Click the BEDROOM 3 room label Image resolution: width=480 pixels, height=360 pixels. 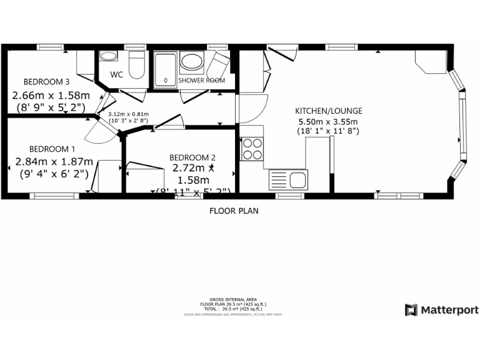pyautogui.click(x=46, y=82)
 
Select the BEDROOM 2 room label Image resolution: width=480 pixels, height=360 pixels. pyautogui.click(x=192, y=157)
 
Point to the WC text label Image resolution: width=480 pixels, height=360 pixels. pyautogui.click(x=116, y=75)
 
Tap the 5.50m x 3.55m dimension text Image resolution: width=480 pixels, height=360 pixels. pyautogui.click(x=328, y=121)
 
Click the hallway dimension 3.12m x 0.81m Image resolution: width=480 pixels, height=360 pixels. pyautogui.click(x=128, y=115)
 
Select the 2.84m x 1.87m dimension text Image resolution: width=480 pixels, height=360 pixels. pyautogui.click(x=54, y=161)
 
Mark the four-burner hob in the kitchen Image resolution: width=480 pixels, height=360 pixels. pyautogui.click(x=252, y=149)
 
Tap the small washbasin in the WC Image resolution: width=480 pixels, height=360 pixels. pyautogui.click(x=108, y=57)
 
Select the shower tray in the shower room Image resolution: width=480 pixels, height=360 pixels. pyautogui.click(x=166, y=69)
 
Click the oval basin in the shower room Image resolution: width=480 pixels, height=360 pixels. pyautogui.click(x=191, y=62)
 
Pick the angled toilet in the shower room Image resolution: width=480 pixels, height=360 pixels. pyautogui.click(x=218, y=62)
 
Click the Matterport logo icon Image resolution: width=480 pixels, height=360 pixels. pyautogui.click(x=411, y=310)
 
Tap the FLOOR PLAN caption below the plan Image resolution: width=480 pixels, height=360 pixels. pyautogui.click(x=233, y=211)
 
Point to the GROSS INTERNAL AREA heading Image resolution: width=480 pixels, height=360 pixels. pyautogui.click(x=233, y=300)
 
